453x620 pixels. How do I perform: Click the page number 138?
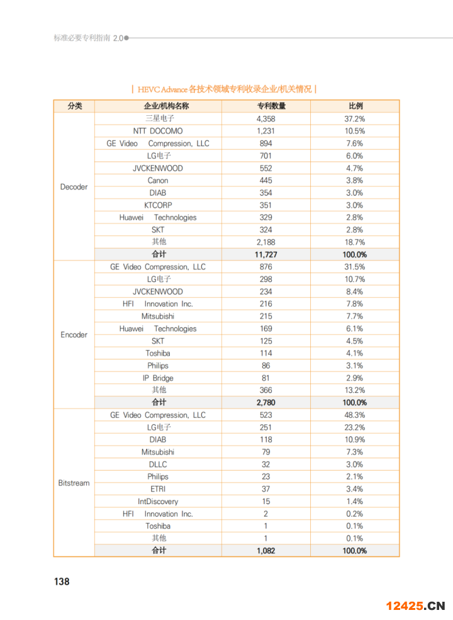coord(62,582)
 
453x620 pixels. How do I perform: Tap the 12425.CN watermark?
coord(415,606)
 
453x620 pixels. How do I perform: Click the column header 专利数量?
coord(266,106)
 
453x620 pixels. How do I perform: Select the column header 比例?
coord(355,106)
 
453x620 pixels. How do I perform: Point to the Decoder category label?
coord(74,187)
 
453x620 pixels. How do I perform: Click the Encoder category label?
coord(74,335)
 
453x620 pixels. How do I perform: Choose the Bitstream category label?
coord(74,483)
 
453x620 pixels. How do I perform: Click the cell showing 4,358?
coord(266,119)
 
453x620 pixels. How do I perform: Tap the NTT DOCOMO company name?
coord(158,131)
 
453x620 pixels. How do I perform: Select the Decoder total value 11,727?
coord(266,255)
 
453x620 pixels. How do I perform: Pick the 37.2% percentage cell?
coord(355,119)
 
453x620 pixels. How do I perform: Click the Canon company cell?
coord(158,181)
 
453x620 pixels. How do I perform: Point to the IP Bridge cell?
coord(158,378)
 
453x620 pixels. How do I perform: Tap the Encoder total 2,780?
coord(266,403)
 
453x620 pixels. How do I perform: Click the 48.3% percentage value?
coord(355,415)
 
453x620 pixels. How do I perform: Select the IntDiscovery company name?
coord(158,502)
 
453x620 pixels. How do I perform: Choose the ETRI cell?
coord(158,489)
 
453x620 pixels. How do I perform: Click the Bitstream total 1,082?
coord(266,551)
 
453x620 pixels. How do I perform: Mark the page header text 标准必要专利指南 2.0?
coord(89,38)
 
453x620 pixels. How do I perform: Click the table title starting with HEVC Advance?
coord(225,89)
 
